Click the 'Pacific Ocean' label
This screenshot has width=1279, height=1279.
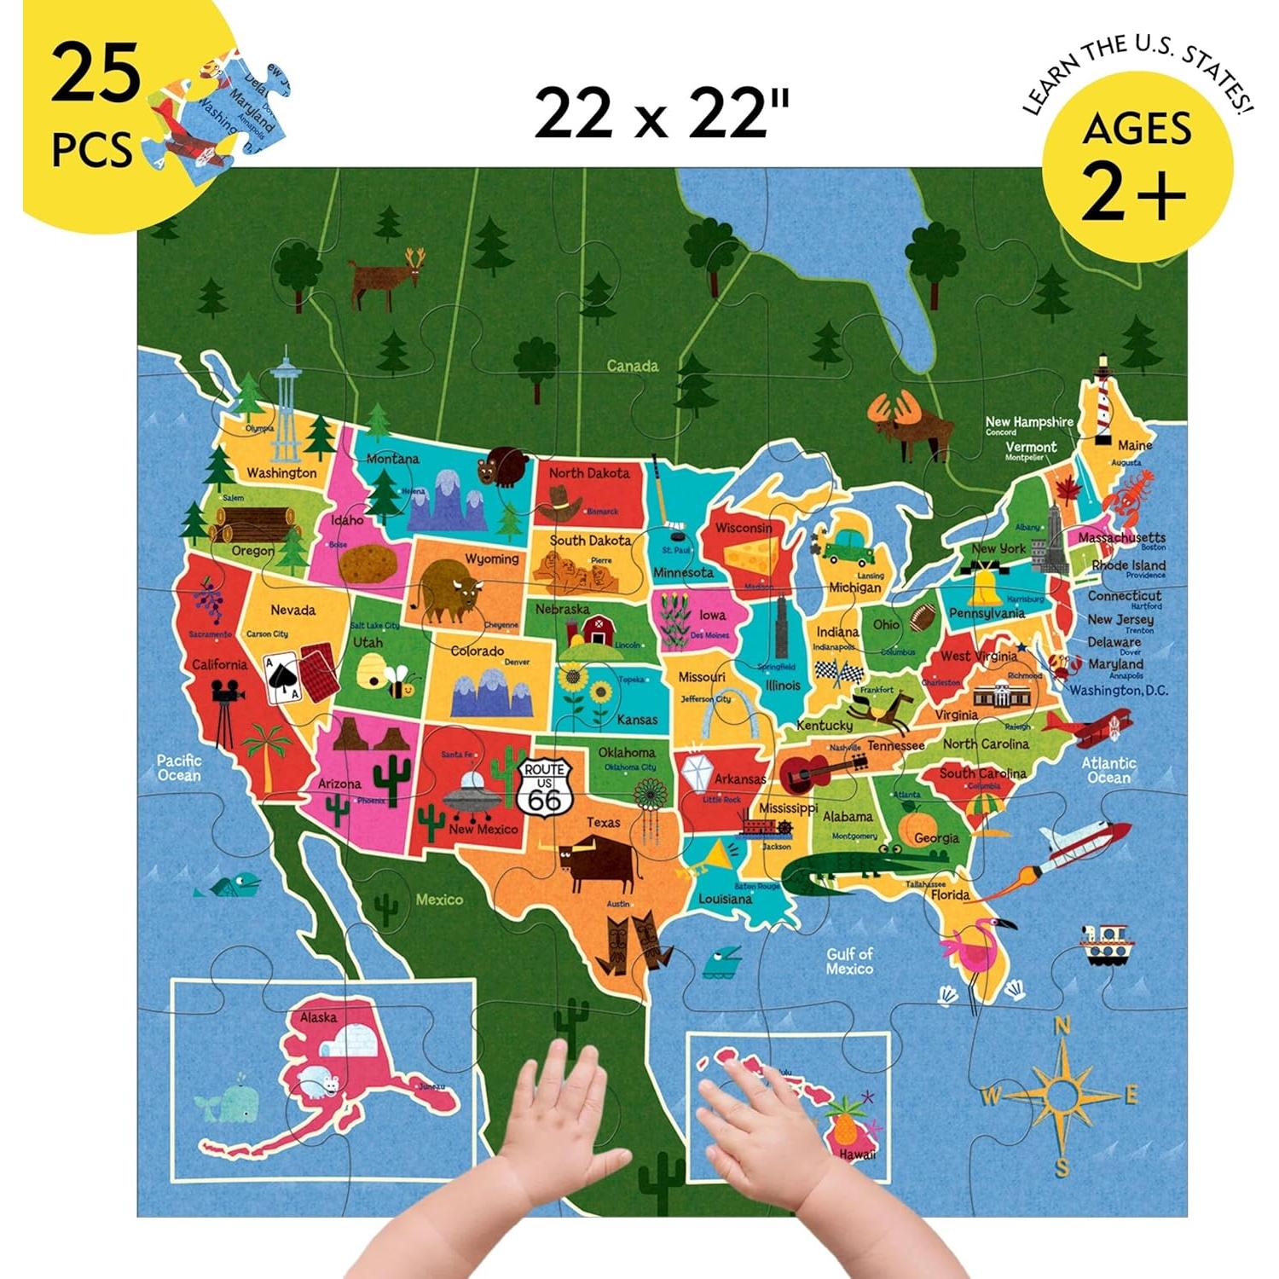179,767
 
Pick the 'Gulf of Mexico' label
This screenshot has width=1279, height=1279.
849,961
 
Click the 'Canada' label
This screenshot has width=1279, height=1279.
632,366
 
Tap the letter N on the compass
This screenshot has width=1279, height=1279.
1062,1027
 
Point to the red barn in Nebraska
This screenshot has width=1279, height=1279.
597,631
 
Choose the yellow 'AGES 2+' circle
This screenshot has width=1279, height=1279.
1137,165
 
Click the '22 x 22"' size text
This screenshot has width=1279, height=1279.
662,115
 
